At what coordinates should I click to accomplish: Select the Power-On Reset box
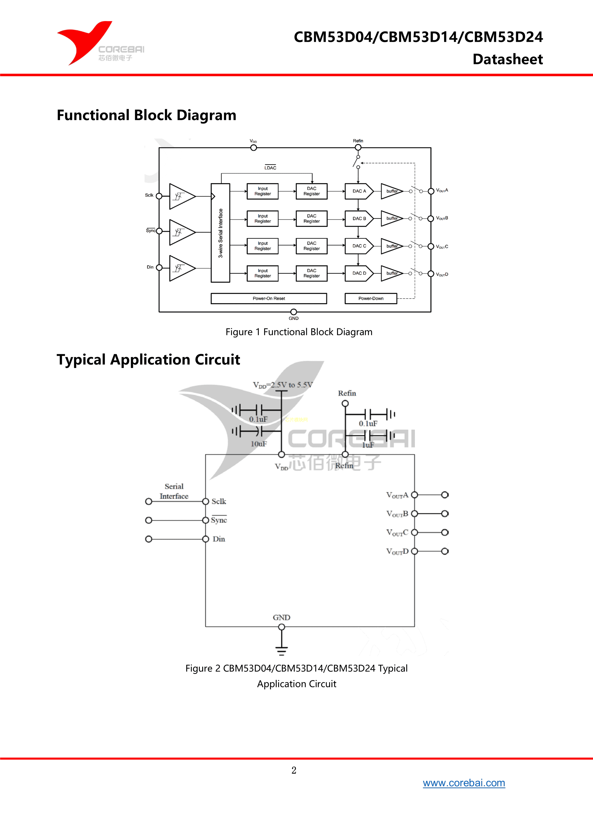[x=269, y=298]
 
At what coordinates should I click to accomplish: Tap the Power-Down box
[x=371, y=298]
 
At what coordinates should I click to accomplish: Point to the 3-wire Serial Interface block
[x=220, y=233]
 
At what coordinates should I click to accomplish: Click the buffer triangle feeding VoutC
[x=391, y=246]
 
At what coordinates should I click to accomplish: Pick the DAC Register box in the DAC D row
[x=311, y=273]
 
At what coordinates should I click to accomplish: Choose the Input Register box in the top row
[x=262, y=191]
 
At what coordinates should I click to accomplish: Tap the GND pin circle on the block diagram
[x=294, y=312]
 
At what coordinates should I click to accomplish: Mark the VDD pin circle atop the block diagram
[x=253, y=147]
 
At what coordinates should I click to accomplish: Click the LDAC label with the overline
[x=270, y=168]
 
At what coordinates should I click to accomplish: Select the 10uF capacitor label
[x=259, y=444]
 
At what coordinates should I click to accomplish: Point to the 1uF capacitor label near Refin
[x=368, y=445]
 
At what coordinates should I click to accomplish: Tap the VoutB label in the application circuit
[x=397, y=514]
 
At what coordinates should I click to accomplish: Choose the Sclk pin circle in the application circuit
[x=206, y=502]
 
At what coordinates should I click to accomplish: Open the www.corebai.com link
[x=464, y=783]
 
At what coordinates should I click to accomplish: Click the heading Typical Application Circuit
[x=148, y=360]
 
